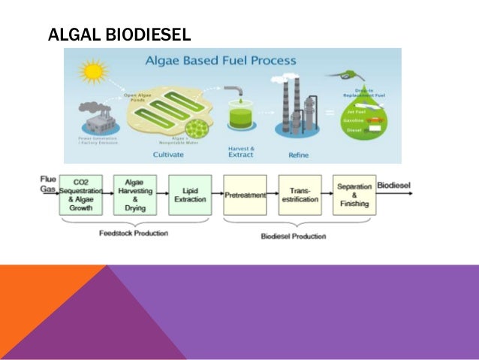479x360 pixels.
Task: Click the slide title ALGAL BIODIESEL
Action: click(119, 35)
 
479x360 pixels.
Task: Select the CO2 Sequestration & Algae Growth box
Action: click(80, 195)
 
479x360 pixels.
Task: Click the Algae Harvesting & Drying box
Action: click(134, 195)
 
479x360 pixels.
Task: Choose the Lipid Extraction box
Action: click(189, 195)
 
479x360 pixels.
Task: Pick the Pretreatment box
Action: click(245, 195)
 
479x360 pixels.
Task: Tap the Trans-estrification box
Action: click(300, 195)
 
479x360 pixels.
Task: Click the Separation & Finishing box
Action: click(354, 195)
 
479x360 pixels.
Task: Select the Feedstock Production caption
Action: click(134, 233)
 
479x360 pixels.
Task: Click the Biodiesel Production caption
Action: click(294, 236)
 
